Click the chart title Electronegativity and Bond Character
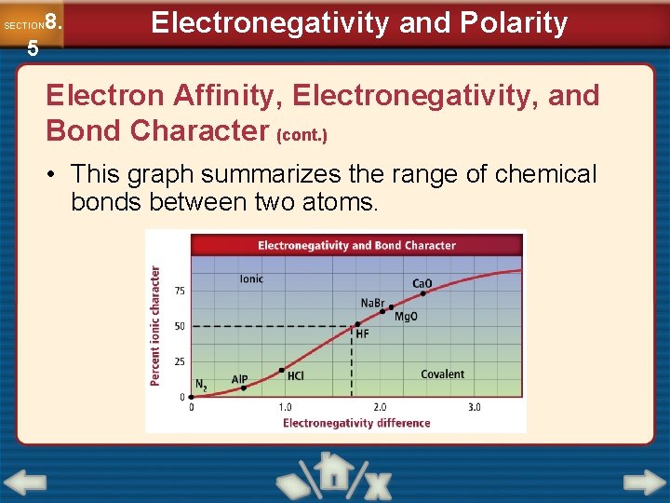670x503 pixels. [x=356, y=246]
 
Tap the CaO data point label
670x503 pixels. [x=422, y=283]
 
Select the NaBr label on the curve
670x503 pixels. [x=372, y=303]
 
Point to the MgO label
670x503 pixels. [x=407, y=317]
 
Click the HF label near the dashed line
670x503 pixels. [x=363, y=333]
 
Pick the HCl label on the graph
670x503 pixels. [x=295, y=376]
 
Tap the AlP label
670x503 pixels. [x=239, y=379]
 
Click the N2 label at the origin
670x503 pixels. [x=201, y=383]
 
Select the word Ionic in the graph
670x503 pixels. [x=251, y=279]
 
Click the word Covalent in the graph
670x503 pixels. [x=442, y=374]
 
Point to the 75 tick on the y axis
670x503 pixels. [x=180, y=292]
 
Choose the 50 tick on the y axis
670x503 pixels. [x=180, y=326]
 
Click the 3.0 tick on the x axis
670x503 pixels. [x=474, y=407]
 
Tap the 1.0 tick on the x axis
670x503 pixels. [x=285, y=407]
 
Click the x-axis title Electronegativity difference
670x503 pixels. [x=356, y=423]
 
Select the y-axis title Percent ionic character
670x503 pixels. [x=155, y=326]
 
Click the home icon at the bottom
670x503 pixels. [x=329, y=472]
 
